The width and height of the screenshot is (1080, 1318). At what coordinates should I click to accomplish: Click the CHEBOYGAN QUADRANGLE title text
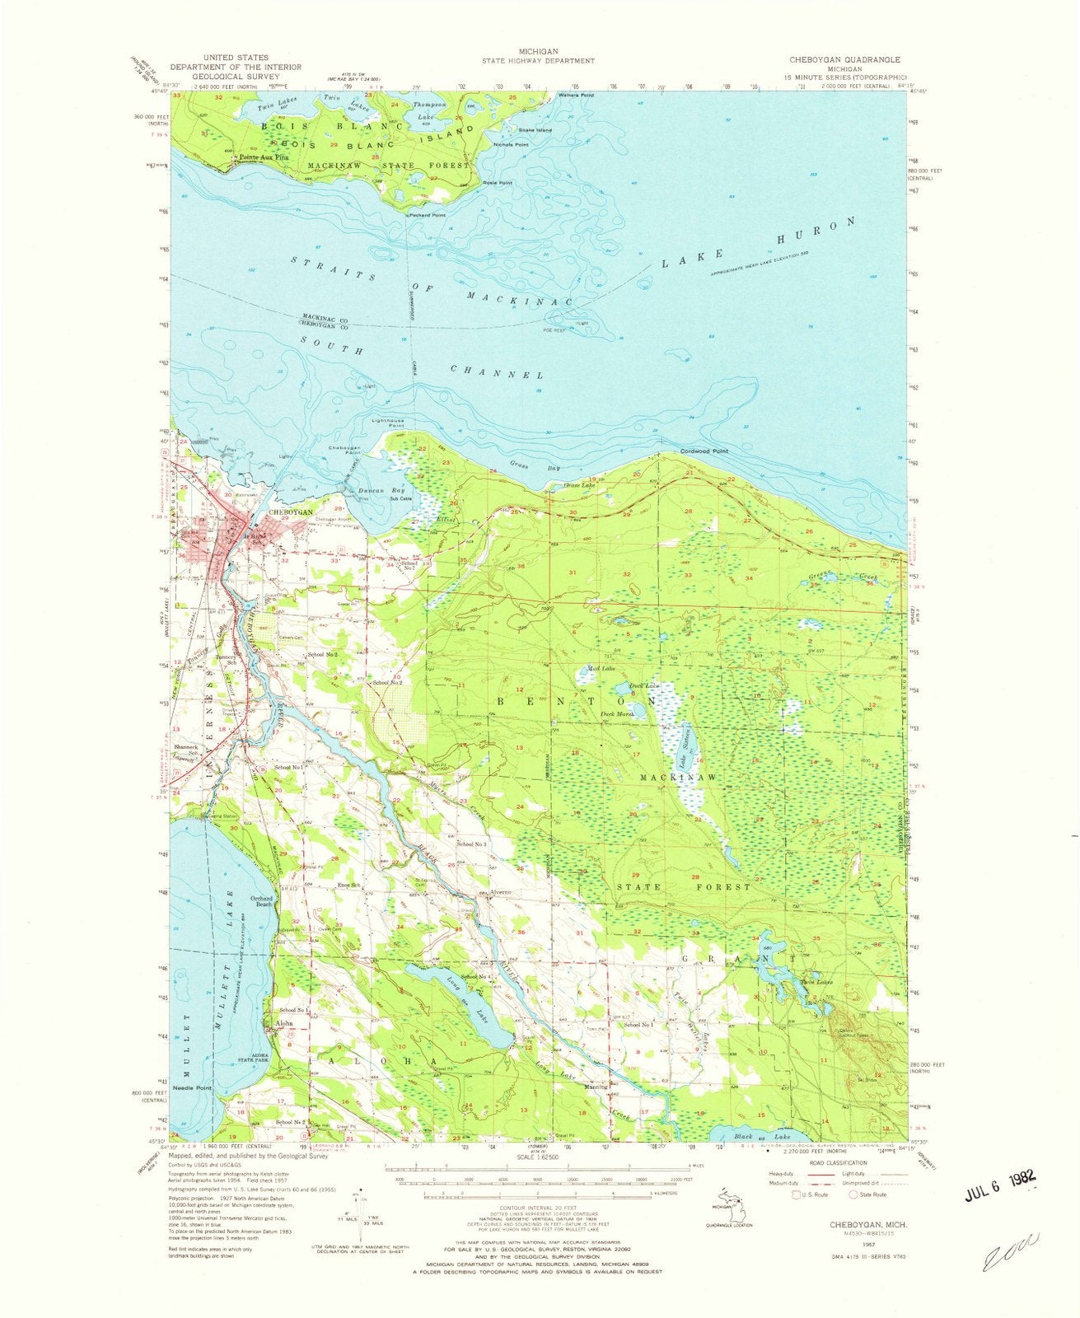[x=844, y=60]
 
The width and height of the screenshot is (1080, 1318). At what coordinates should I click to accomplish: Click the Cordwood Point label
[x=704, y=451]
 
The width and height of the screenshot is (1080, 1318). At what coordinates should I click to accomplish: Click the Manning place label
[x=596, y=1087]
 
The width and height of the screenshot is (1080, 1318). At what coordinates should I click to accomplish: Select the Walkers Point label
[x=576, y=96]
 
